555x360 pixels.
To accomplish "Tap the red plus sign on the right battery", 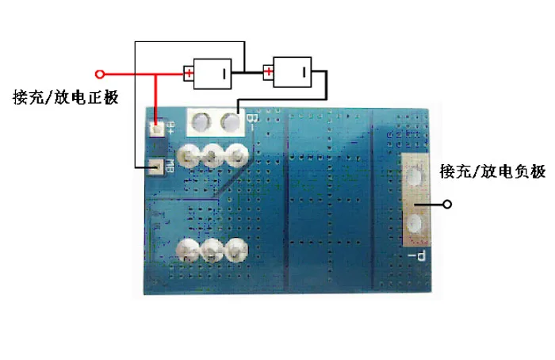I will coord(270,74).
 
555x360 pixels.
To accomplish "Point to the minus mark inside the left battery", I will coord(224,75).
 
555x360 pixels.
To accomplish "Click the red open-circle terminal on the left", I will coord(99,75).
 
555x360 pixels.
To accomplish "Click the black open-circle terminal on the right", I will coord(448,205).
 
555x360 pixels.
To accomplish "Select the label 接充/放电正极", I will coord(66,98).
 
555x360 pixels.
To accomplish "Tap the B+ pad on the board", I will coord(158,128).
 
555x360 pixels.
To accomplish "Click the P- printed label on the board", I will coord(419,255).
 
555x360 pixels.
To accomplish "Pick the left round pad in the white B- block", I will coord(202,122).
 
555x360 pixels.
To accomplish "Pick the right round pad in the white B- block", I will coord(231,122).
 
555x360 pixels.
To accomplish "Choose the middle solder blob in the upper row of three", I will coord(212,155).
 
